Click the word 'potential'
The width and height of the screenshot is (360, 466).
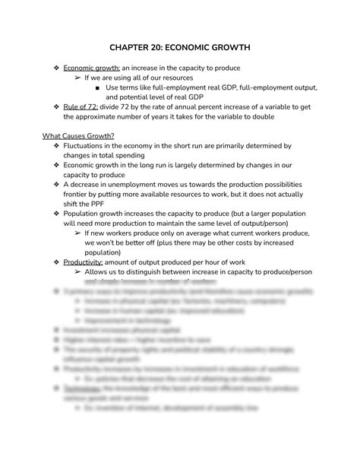[x=137, y=97]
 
